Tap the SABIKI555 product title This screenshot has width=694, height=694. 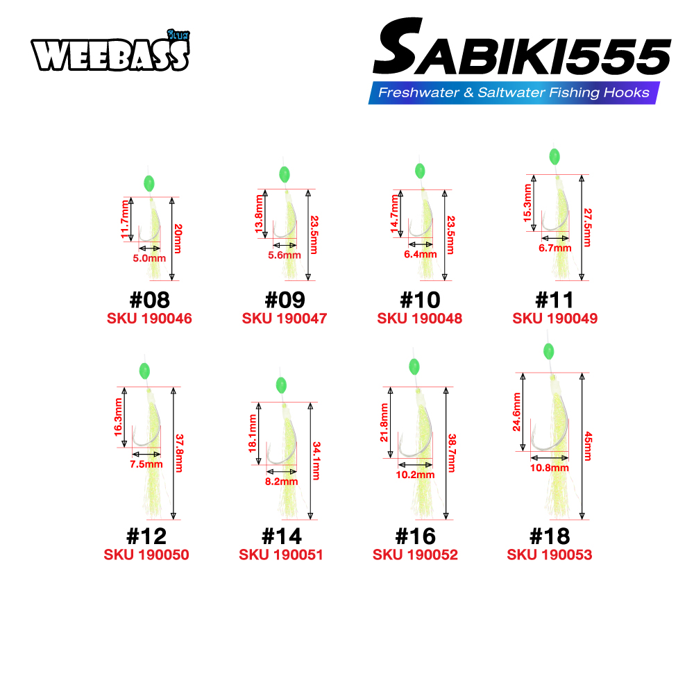point(522,46)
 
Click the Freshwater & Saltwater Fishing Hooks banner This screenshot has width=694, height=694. point(514,92)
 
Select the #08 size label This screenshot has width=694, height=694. point(150,300)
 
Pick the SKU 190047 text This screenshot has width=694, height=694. point(285,319)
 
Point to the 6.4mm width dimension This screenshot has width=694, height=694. point(421,254)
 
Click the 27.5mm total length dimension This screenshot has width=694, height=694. point(587,228)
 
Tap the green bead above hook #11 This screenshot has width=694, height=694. point(554,156)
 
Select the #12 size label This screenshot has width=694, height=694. point(146,536)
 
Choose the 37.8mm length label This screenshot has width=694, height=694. point(179,453)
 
